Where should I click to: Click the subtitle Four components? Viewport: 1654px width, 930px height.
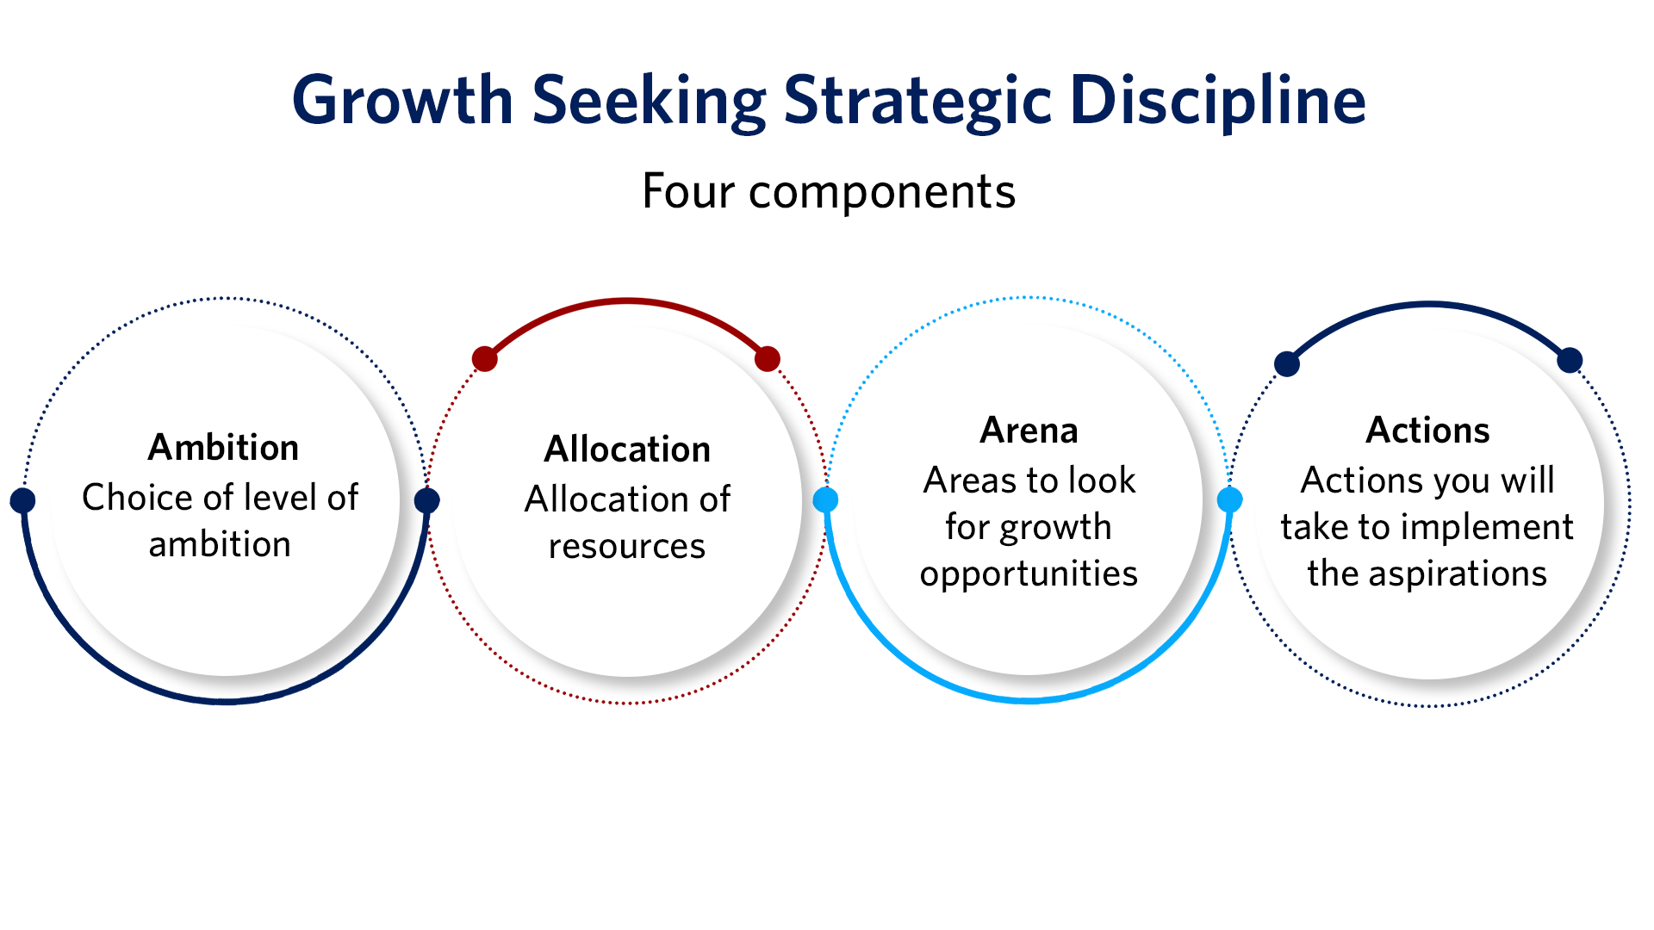point(829,191)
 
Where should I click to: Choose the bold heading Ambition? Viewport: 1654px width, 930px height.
point(224,448)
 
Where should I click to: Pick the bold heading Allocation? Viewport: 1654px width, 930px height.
point(627,449)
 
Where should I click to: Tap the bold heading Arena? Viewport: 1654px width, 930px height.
point(1029,431)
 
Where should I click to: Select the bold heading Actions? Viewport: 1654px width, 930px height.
point(1427,431)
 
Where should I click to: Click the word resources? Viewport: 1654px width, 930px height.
point(627,547)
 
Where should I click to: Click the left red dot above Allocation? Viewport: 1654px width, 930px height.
point(485,359)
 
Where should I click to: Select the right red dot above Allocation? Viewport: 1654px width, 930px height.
point(768,359)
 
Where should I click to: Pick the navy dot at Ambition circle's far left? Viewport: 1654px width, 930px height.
point(22,500)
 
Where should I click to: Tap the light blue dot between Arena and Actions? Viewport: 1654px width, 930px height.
point(1230,499)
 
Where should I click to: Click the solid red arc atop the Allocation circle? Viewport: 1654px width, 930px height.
point(627,301)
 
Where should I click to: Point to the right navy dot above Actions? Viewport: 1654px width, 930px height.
point(1570,360)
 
